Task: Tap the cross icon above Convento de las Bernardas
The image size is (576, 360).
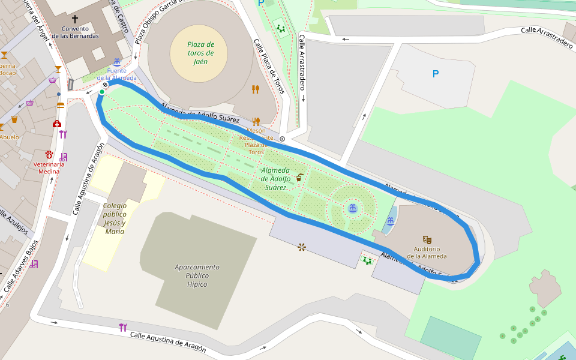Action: click(x=75, y=19)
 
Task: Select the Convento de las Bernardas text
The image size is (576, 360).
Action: click(x=75, y=32)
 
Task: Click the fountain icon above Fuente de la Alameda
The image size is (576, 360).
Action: click(x=117, y=62)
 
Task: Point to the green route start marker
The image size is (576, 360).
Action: click(x=102, y=92)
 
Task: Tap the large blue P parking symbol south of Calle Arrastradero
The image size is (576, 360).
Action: click(x=436, y=74)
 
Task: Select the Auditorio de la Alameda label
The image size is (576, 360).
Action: click(x=427, y=253)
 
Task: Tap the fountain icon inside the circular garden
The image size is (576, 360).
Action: click(x=353, y=208)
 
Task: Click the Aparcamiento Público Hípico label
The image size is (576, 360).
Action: click(x=197, y=275)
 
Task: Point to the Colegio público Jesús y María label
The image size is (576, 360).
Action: click(x=114, y=218)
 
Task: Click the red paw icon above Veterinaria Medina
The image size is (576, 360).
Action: click(x=49, y=155)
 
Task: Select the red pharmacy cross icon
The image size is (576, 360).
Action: click(x=57, y=124)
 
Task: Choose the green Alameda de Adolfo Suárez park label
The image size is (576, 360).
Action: click(x=276, y=179)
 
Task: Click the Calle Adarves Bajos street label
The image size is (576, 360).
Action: click(x=21, y=266)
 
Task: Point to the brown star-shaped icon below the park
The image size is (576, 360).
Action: click(x=301, y=247)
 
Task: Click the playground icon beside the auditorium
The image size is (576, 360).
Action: click(x=367, y=260)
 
